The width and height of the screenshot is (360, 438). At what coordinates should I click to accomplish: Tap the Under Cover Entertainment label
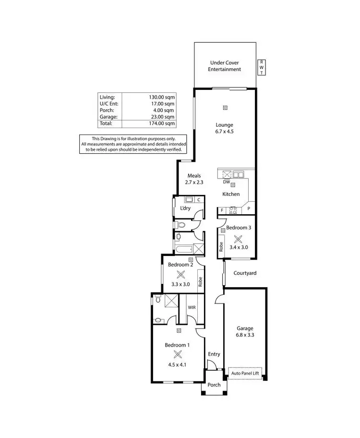pos(224,66)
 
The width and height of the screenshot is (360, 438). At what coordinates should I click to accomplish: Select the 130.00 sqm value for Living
pos(162,97)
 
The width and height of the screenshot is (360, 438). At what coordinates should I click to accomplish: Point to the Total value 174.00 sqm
pos(162,123)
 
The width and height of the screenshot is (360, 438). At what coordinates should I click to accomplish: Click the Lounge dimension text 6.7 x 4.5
pos(224,131)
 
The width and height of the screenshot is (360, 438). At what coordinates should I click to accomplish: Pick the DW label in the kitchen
pos(226,182)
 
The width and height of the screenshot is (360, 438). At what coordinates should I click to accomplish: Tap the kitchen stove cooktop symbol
pos(233,209)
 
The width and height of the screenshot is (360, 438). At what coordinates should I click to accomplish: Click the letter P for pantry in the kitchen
pos(249,209)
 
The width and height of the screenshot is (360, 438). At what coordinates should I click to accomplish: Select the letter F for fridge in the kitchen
pos(222,210)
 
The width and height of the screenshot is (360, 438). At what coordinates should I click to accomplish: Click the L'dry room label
pos(185,208)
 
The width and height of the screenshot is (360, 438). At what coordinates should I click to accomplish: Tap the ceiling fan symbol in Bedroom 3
pos(238,239)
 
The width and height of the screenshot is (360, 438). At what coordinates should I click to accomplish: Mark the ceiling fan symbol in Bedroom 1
pos(179,355)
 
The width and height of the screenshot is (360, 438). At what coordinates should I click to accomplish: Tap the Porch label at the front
pos(214,385)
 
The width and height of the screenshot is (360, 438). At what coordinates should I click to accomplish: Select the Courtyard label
pos(245,273)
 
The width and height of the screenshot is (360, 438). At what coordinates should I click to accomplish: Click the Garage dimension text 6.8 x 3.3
pos(244,336)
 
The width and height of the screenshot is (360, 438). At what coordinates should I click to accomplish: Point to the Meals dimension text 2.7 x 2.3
pos(194,182)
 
